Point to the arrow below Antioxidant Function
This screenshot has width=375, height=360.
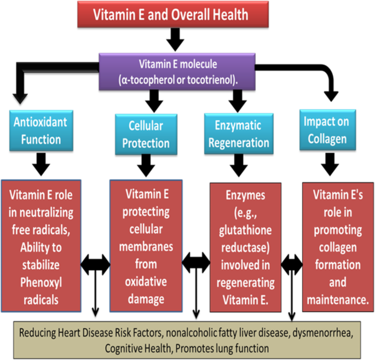[42, 162]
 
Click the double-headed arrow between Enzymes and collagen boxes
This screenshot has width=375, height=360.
[291, 265]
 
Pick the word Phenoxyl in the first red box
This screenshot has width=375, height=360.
[42, 282]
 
